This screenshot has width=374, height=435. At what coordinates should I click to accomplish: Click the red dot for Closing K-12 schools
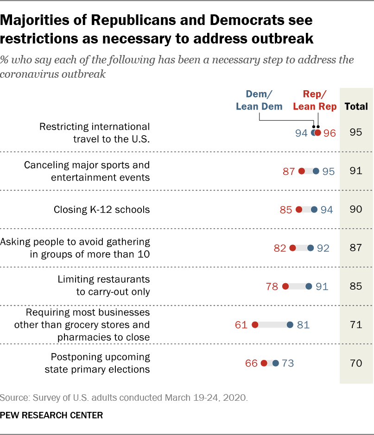[299, 210]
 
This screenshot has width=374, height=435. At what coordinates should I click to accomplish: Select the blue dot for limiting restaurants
[309, 286]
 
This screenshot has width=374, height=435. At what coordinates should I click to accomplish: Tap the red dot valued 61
[255, 325]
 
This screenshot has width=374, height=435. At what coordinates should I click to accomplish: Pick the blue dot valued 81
[290, 325]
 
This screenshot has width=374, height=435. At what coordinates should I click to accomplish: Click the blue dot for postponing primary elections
[276, 363]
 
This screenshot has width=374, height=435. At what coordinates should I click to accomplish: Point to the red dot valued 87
[302, 171]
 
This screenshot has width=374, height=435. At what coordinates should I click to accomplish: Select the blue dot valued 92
[311, 248]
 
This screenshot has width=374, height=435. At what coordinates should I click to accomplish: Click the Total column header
[356, 106]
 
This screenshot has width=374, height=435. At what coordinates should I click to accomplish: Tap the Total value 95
[356, 133]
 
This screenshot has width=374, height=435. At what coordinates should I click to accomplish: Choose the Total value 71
[356, 325]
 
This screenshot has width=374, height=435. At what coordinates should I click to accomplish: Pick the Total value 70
[356, 363]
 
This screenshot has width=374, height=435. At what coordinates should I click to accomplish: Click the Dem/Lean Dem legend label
[259, 100]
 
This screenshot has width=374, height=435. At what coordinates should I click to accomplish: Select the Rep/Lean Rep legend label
[315, 100]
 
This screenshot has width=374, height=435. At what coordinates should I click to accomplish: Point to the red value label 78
[272, 286]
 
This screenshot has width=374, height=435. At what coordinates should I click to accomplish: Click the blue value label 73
[288, 363]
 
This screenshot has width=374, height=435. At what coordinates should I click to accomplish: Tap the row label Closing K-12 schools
[101, 210]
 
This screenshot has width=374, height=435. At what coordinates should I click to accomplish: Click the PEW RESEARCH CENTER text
[51, 415]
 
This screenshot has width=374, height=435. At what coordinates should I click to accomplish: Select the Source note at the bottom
[124, 397]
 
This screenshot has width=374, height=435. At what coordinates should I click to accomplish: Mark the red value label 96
[330, 133]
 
